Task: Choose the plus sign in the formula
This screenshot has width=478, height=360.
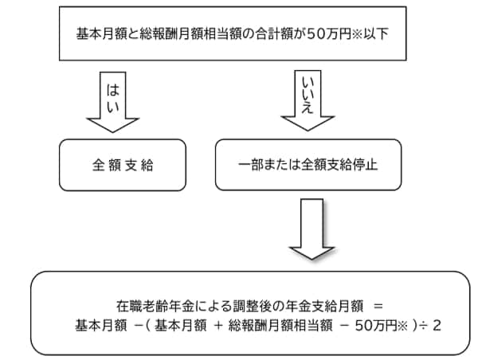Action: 217,325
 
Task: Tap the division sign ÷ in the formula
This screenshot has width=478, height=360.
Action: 421,325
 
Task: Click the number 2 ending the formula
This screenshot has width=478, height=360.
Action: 436,325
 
